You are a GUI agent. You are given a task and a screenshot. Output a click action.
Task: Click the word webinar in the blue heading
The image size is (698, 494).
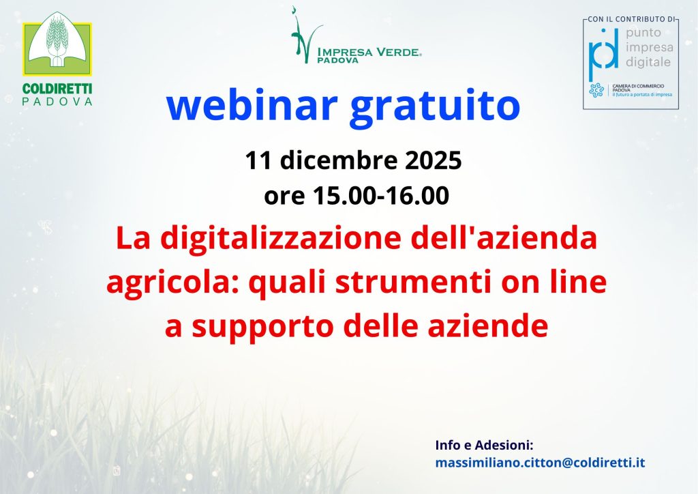pos(252,105)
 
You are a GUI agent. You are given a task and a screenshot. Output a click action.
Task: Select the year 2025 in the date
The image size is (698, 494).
pos(433,160)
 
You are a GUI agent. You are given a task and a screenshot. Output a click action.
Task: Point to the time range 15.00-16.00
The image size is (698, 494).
pos(381,196)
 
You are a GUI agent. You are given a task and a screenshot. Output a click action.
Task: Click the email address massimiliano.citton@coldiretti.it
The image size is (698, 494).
pos(540,463)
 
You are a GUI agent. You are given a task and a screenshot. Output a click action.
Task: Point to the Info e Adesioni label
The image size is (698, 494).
pos(485,445)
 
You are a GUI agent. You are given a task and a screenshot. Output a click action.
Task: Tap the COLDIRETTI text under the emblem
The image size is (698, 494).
pos(57,88)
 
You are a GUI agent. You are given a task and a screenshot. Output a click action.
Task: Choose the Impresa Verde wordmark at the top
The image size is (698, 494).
pos(369,55)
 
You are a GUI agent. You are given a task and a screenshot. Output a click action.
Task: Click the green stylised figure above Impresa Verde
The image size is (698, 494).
pos(305,35)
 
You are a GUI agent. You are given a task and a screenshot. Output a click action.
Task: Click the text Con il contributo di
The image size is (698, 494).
pos(631,19)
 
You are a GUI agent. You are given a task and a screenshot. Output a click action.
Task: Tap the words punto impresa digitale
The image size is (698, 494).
pos(650,47)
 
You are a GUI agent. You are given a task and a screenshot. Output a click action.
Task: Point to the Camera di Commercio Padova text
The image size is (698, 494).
pos(638,88)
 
